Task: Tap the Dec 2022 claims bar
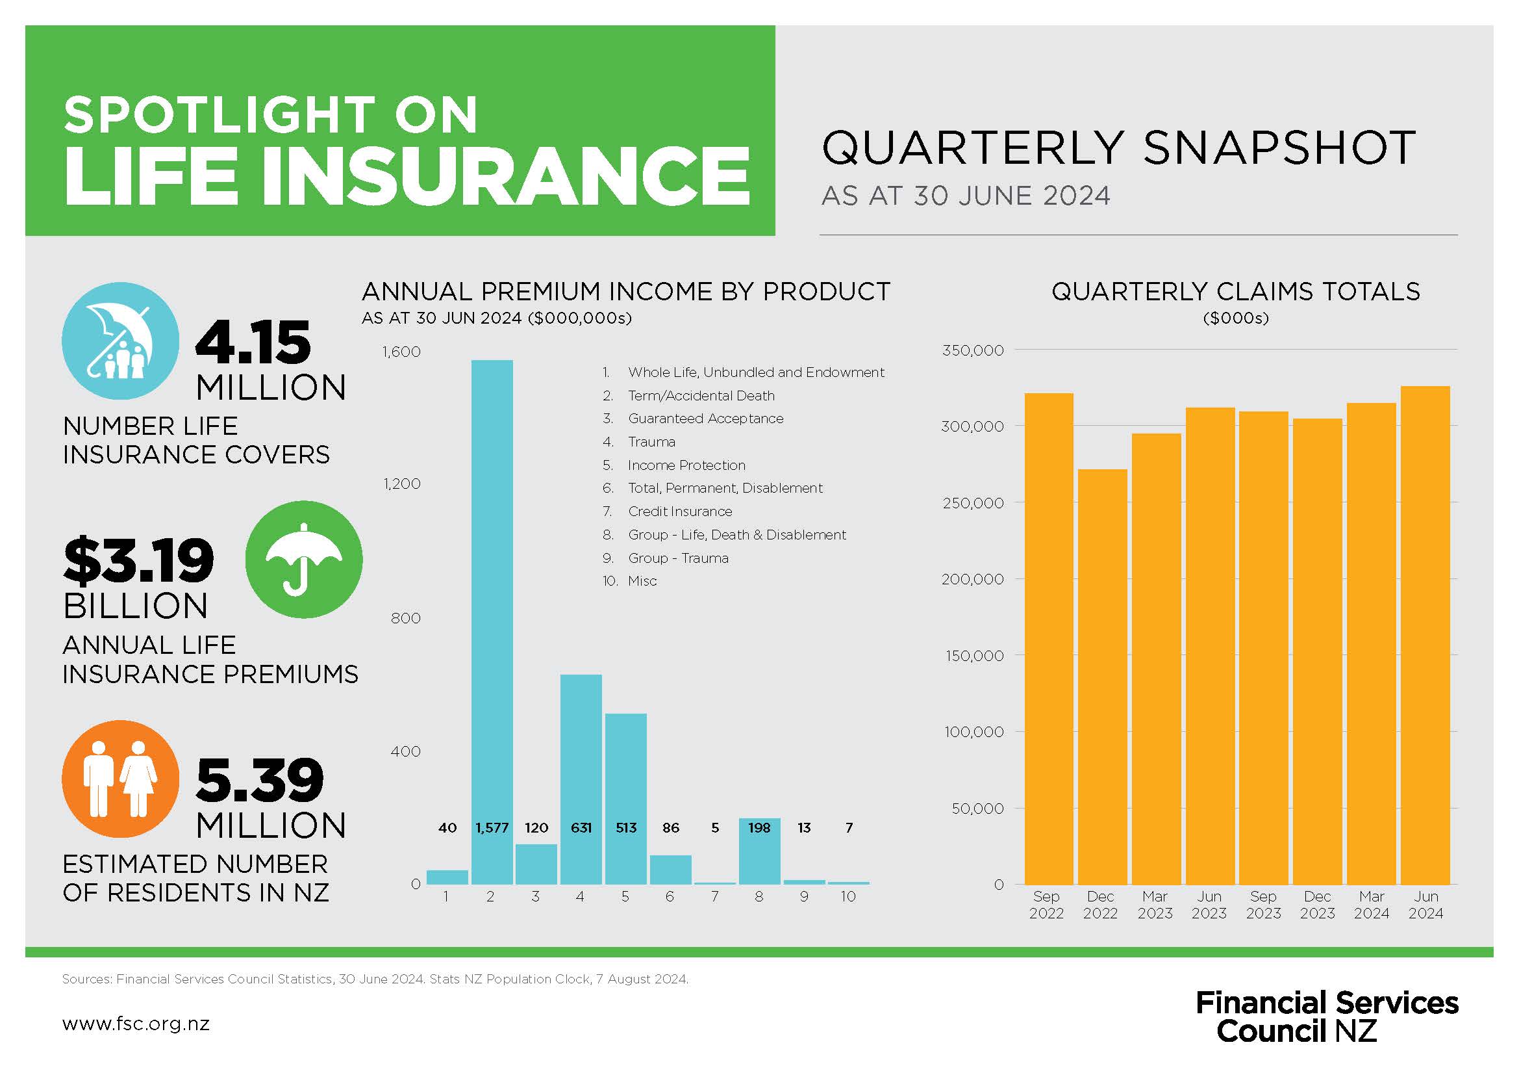[x=1102, y=675]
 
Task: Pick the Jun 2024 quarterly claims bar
[x=1425, y=636]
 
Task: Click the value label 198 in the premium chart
[x=759, y=827]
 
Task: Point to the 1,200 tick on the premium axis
[x=402, y=484]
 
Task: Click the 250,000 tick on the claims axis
[x=973, y=503]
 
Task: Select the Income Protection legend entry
[x=686, y=465]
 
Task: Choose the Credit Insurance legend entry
[x=679, y=512]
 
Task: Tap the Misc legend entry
[x=642, y=581]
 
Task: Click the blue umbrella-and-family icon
[x=120, y=341]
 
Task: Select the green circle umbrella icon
[x=304, y=560]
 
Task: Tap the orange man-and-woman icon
[x=120, y=779]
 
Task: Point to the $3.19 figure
[x=139, y=562]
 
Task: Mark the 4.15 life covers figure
[x=253, y=343]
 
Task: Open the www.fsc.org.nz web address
[x=136, y=1024]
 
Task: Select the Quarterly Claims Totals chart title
[x=1235, y=292]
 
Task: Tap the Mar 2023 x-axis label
[x=1155, y=905]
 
